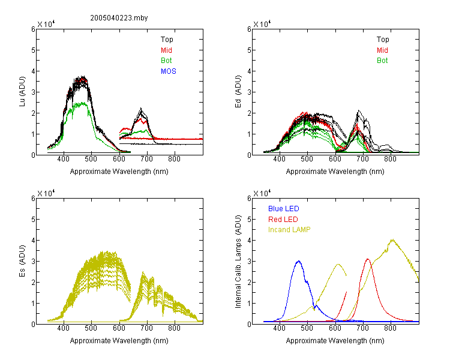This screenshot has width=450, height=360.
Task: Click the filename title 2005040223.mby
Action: pyautogui.click(x=119, y=18)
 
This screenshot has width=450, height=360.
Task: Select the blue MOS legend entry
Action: pyautogui.click(x=168, y=71)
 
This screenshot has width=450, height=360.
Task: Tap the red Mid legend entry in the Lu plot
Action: pyautogui.click(x=166, y=50)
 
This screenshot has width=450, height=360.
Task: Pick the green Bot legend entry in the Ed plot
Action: pyautogui.click(x=382, y=61)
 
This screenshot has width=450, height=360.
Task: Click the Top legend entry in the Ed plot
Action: pyautogui.click(x=383, y=40)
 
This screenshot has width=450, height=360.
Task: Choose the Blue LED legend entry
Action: pyautogui.click(x=284, y=209)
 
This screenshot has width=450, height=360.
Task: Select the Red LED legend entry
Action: pyautogui.click(x=283, y=220)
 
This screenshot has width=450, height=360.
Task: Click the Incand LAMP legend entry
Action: pyautogui.click(x=289, y=230)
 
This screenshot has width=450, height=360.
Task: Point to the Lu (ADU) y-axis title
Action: pyautogui.click(x=22, y=92)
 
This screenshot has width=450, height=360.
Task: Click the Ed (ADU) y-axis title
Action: pyautogui.click(x=238, y=92)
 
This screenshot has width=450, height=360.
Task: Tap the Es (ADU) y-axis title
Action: pyautogui.click(x=22, y=261)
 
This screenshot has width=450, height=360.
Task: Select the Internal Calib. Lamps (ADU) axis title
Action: pyautogui.click(x=238, y=262)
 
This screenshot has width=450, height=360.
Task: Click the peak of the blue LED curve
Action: pyautogui.click(x=298, y=261)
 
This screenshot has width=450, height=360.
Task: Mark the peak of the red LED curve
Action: pyautogui.click(x=368, y=259)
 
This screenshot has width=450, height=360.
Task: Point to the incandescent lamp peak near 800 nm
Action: pyautogui.click(x=392, y=239)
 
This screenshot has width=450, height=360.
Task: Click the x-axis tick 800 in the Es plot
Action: pyautogui.click(x=174, y=328)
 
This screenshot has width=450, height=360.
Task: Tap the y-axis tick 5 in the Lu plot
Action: pyautogui.click(x=34, y=50)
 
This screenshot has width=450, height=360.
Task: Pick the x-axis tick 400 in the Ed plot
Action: pyautogui.click(x=279, y=159)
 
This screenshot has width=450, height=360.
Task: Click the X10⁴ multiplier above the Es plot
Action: pyautogui.click(x=46, y=193)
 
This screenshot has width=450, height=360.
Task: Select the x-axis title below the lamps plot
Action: pyautogui.click(x=335, y=341)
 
